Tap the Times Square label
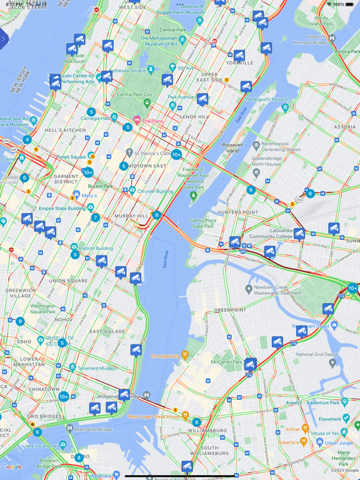click(x=71, y=157)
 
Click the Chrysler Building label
click(x=156, y=191)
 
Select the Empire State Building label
click(x=62, y=208)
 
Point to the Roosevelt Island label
click(x=231, y=147)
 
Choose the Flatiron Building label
click(x=96, y=248)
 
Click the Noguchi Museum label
click(x=266, y=99)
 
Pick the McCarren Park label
click(x=226, y=361)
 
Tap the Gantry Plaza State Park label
click(x=202, y=223)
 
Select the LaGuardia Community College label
click(x=271, y=233)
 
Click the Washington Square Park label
click(x=43, y=309)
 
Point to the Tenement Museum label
click(x=99, y=368)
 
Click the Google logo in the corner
click(x=12, y=467)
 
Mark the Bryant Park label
click(x=100, y=186)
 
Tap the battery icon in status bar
click(x=351, y=4)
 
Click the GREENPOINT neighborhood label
click(x=230, y=310)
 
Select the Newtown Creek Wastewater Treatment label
click(x=277, y=290)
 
